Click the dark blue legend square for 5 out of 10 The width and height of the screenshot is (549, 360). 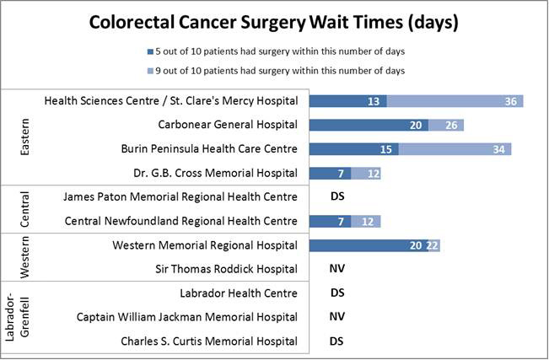[149, 51]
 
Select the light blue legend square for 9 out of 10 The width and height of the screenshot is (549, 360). [149, 71]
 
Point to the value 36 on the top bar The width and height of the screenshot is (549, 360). [510, 101]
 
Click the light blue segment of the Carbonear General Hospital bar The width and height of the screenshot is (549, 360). [446, 126]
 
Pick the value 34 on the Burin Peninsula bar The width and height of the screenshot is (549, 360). [498, 149]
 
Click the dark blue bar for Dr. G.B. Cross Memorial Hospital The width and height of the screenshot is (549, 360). [330, 174]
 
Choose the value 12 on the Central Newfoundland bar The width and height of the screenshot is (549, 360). [368, 222]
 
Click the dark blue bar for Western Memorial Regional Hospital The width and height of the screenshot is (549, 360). [368, 245]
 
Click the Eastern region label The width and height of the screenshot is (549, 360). [24, 137]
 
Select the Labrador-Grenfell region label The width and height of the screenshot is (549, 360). [24, 317]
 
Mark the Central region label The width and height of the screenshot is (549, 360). [24, 209]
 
